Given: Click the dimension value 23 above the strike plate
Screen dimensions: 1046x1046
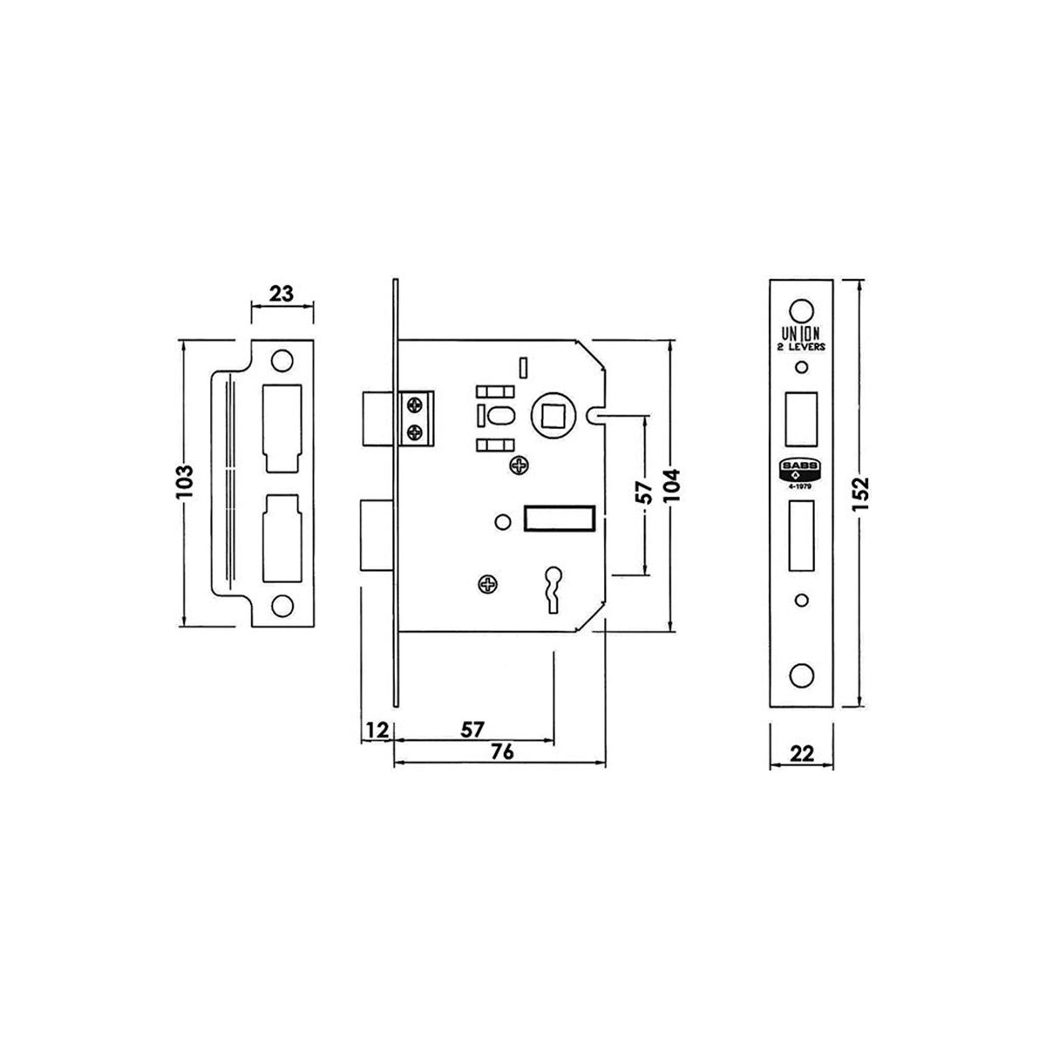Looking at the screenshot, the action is pos(282,294).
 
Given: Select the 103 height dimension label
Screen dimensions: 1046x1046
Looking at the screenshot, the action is pos(185,482).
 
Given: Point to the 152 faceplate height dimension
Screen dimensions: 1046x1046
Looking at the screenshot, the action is pos(859,492).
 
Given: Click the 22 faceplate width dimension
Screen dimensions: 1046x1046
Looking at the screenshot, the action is pos(801,754).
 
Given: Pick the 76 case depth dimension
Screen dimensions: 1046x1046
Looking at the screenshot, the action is pos(502,751).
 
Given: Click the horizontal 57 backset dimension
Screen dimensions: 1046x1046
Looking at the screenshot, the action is pos(472,730).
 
